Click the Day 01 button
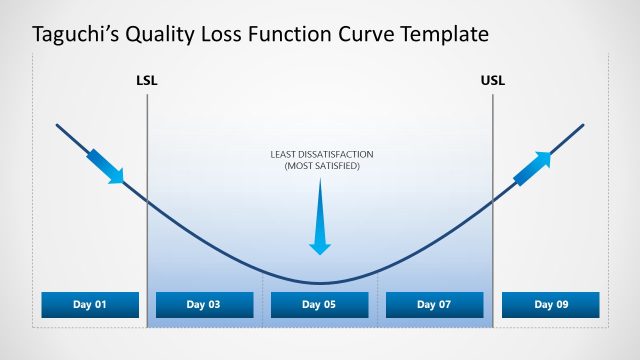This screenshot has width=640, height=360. (x=90, y=305)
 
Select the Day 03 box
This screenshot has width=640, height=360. (x=205, y=305)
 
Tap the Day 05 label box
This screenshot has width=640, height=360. (x=319, y=305)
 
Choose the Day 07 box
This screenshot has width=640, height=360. (x=434, y=305)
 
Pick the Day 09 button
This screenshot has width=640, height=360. (x=550, y=305)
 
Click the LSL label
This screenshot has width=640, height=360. (x=147, y=80)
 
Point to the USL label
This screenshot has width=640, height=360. (x=493, y=80)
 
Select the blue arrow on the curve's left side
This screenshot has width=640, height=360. (x=106, y=166)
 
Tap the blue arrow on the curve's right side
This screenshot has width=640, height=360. (x=532, y=168)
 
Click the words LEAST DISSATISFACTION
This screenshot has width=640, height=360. (x=319, y=154)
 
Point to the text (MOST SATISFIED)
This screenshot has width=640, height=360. (x=319, y=165)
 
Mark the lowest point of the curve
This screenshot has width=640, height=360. (x=319, y=283)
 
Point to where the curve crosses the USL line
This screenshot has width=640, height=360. (x=493, y=202)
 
